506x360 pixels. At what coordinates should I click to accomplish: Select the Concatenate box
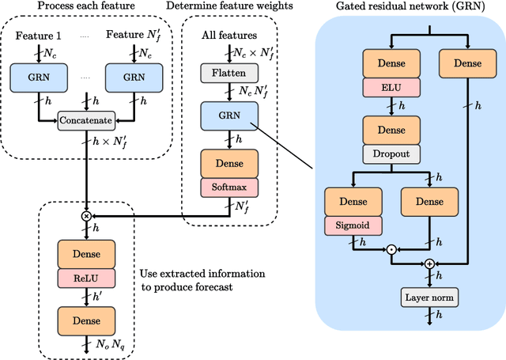click(86, 120)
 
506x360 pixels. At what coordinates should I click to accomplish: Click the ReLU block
click(86, 279)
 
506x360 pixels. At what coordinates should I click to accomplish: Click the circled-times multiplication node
click(86, 215)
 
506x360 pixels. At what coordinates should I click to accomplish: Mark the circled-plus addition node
click(430, 263)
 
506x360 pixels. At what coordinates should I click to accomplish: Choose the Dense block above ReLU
click(86, 254)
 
